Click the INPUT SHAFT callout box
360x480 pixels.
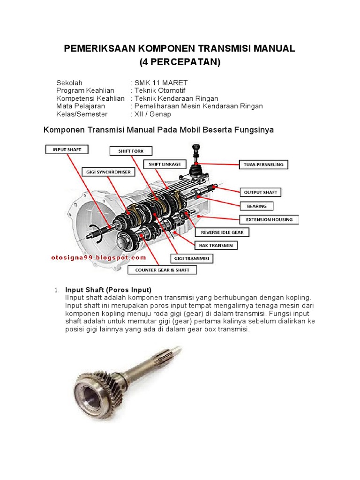coord(67,150)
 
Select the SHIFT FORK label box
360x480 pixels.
coord(131,151)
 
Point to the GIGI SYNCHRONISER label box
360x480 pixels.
coord(108,172)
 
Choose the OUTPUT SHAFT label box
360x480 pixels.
coord(261,192)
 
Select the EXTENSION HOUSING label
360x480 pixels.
coord(269,219)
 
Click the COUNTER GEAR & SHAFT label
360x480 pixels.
coord(162,270)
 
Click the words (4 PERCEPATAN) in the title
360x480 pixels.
coord(180,62)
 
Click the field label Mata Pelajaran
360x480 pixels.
coord(81,106)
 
